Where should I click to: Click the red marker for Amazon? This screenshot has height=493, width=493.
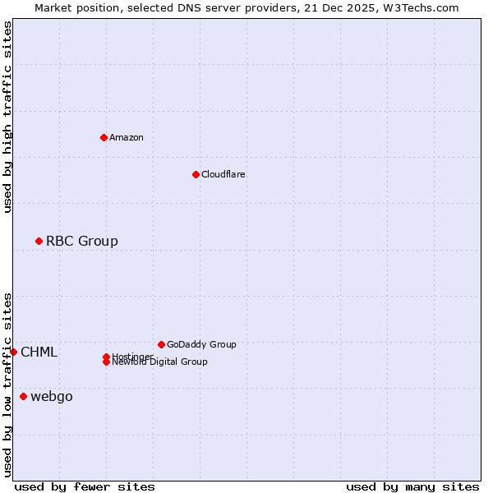[x=104, y=137]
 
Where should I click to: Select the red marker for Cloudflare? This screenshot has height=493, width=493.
[x=196, y=174]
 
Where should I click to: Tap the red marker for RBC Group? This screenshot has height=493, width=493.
[x=39, y=241]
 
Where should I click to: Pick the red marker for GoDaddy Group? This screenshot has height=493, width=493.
[x=161, y=344]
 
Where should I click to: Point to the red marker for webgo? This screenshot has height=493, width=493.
[x=23, y=397]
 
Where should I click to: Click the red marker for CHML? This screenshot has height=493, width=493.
[x=13, y=352]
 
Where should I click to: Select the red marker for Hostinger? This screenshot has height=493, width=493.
[x=106, y=357]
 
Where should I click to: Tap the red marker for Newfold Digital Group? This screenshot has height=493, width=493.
[x=106, y=362]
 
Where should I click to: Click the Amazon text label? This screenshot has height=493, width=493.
[x=127, y=137]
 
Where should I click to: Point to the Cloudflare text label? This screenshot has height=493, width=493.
[x=223, y=174]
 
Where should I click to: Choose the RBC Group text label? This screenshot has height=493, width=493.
[x=82, y=241]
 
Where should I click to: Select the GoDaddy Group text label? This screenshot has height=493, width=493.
[x=201, y=344]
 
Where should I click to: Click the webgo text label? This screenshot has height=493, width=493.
[x=52, y=397]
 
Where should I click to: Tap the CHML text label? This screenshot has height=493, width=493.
[x=39, y=352]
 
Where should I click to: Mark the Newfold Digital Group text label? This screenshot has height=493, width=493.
[x=160, y=362]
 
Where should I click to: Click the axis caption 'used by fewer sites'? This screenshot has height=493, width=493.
[x=85, y=486]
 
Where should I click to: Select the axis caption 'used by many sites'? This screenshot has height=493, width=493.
[x=412, y=486]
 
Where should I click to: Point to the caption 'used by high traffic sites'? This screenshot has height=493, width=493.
[x=7, y=117]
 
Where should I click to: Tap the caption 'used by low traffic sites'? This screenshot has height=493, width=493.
[x=7, y=385]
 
